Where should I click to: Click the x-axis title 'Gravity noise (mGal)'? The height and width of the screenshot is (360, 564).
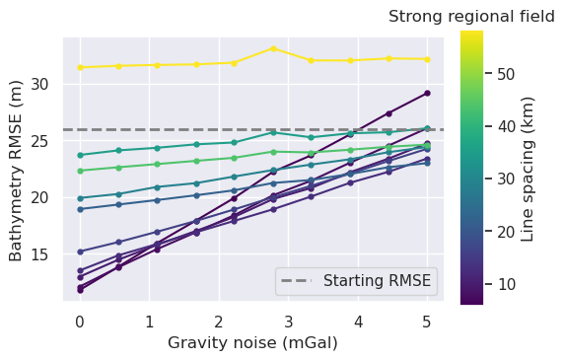tap(253, 343)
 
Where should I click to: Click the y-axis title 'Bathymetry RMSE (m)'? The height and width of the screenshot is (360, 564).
tap(17, 170)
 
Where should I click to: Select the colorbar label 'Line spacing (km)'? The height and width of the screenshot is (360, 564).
tap(528, 169)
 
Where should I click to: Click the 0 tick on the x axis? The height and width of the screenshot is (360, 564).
tap(80, 321)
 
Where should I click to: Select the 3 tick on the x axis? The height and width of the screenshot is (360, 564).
tap(288, 321)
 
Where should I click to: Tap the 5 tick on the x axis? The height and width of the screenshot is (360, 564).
tap(427, 321)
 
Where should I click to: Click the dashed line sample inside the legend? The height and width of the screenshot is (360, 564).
tap(300, 281)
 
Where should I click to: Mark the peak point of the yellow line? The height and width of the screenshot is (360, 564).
tap(273, 48)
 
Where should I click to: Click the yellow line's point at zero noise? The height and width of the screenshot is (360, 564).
tap(80, 67)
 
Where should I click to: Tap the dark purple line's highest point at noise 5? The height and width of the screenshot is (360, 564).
tap(427, 93)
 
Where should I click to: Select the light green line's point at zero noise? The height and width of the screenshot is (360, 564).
tap(80, 171)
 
